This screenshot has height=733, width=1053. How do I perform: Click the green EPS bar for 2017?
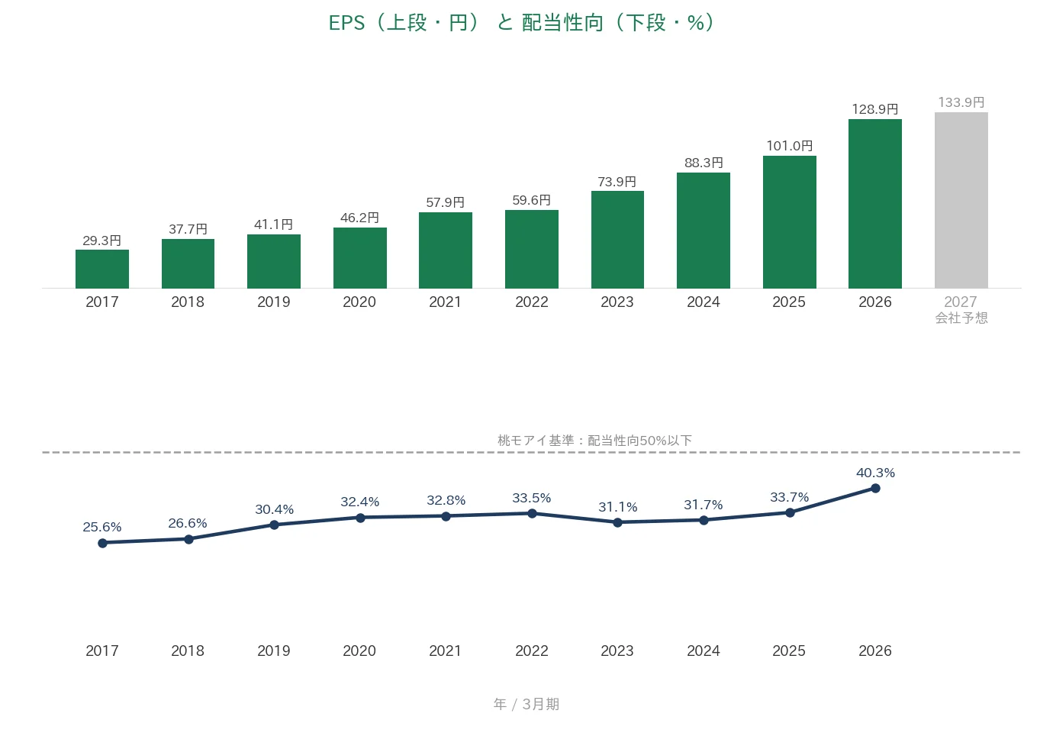click(x=102, y=269)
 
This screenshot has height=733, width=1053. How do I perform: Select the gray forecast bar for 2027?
click(x=961, y=200)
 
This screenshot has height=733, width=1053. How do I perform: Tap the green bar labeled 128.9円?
click(x=875, y=204)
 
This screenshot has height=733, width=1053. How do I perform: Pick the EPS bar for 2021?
click(x=445, y=250)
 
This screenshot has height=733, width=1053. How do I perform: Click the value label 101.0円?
click(x=789, y=146)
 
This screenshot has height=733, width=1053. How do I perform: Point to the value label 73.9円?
click(x=617, y=182)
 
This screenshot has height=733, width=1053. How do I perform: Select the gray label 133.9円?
click(x=961, y=102)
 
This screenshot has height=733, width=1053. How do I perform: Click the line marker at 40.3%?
click(x=875, y=489)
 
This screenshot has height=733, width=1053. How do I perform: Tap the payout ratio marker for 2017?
click(x=102, y=544)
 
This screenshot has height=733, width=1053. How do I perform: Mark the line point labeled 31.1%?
click(x=618, y=522)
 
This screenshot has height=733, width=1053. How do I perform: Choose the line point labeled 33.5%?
click(x=532, y=514)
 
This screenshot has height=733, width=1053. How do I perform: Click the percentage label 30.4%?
click(x=274, y=509)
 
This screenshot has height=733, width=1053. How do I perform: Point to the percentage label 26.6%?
click(x=188, y=523)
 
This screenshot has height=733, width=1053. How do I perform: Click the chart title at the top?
click(x=521, y=23)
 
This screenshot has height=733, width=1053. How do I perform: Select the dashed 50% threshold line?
click(x=531, y=452)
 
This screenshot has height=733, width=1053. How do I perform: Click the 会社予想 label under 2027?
click(x=961, y=318)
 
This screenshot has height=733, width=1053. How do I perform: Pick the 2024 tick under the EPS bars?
click(x=704, y=302)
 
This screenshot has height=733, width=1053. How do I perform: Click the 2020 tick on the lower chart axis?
click(x=359, y=651)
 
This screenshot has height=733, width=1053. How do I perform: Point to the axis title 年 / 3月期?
click(x=526, y=704)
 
